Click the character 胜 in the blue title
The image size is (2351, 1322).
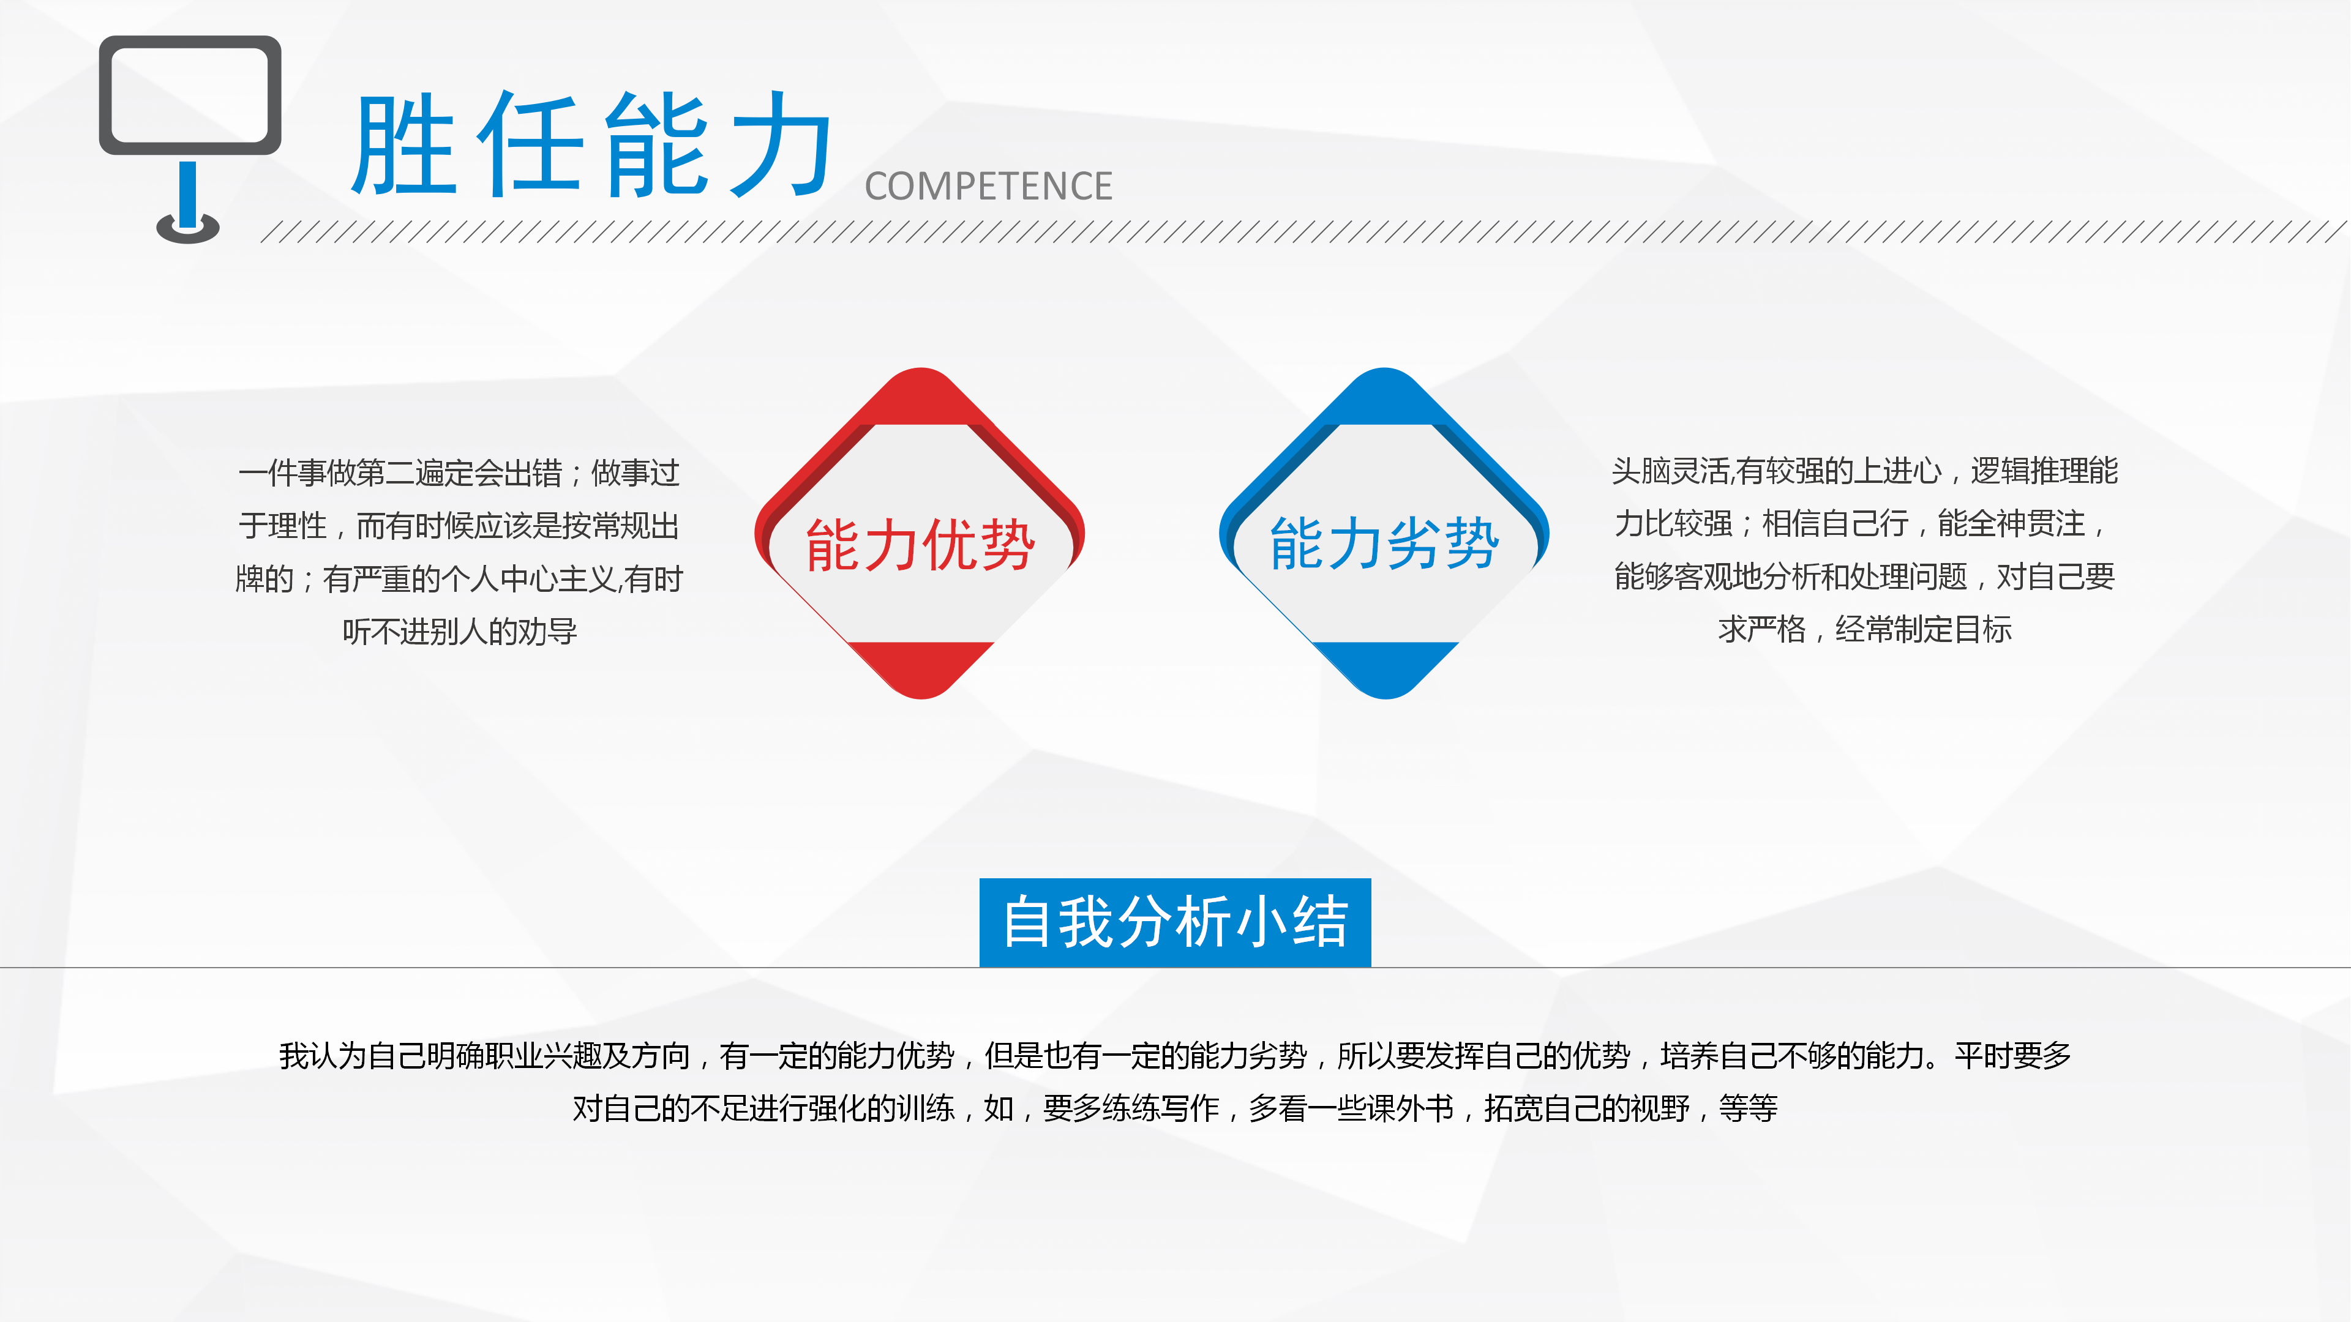[404, 146]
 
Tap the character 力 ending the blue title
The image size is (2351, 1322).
[782, 146]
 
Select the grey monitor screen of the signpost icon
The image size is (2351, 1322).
[190, 95]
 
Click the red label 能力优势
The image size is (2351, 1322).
[920, 545]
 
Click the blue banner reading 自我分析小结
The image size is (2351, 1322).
[1175, 922]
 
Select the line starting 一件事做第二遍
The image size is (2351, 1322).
[459, 472]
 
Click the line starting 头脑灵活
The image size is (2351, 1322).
[1864, 471]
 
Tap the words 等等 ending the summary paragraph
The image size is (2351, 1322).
[1748, 1108]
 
